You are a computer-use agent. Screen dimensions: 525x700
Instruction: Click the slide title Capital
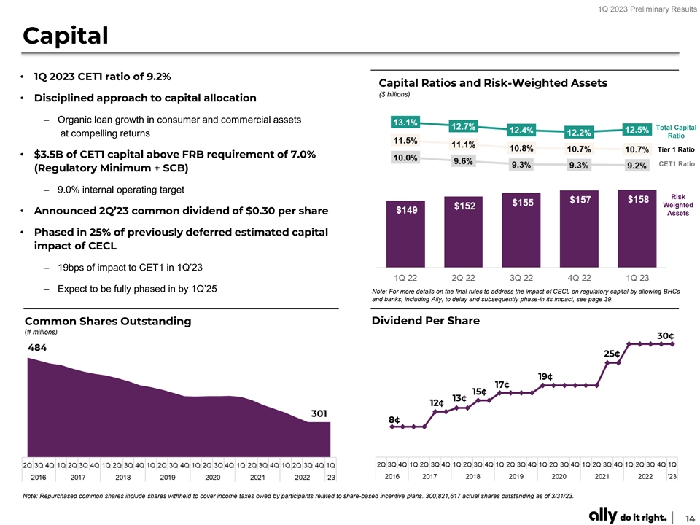tap(66, 35)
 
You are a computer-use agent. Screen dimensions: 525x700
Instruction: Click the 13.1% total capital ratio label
tap(405, 122)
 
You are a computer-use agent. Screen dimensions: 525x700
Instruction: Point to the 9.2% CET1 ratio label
tap(637, 166)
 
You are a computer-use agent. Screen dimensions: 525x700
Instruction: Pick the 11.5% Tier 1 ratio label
tap(405, 140)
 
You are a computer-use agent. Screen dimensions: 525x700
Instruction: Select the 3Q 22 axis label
tap(523, 278)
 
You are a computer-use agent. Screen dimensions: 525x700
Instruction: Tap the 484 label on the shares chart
tap(38, 348)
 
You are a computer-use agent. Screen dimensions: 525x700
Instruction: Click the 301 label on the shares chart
tap(319, 413)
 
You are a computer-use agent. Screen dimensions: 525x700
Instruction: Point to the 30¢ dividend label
tap(664, 335)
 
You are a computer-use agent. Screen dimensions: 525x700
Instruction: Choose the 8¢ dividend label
tap(394, 420)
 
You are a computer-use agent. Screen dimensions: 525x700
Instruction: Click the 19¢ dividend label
tap(545, 376)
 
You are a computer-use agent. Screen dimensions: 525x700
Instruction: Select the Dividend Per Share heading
tap(425, 320)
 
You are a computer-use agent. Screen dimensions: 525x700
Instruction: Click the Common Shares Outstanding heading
tap(108, 321)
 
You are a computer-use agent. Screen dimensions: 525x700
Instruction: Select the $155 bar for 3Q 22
tap(523, 228)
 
